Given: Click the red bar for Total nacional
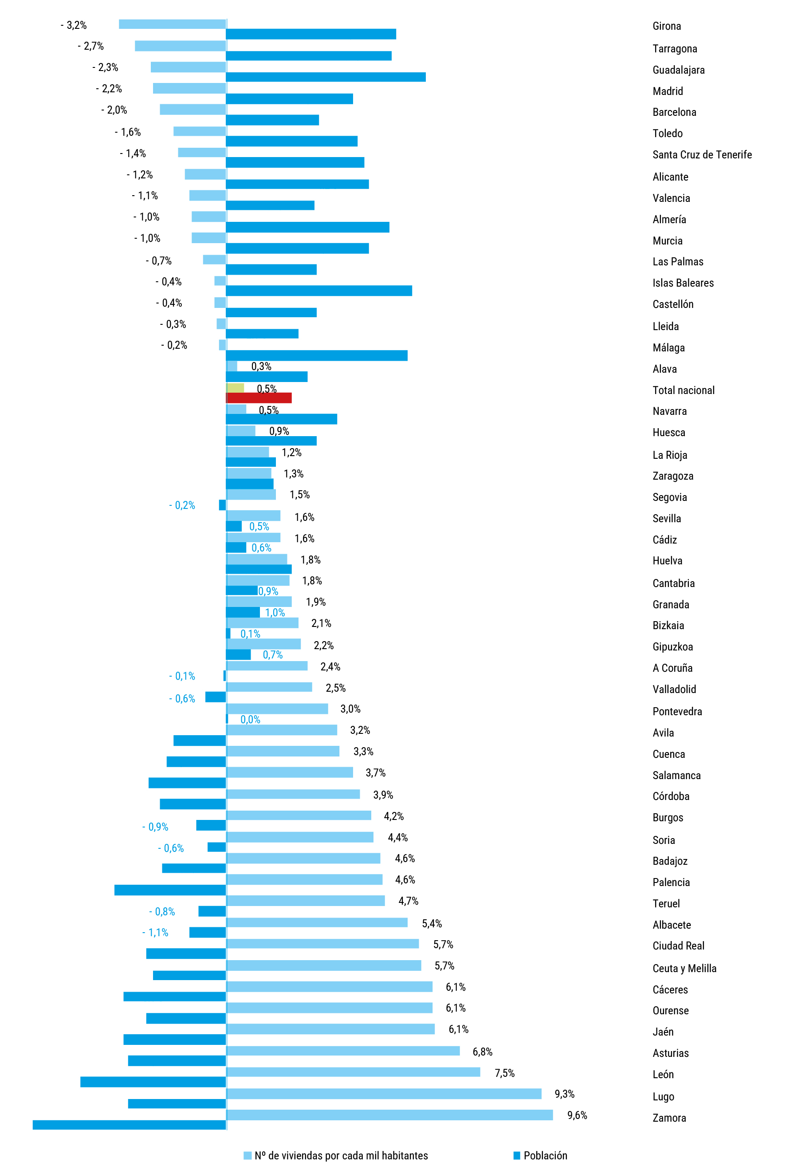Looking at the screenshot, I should (x=259, y=398).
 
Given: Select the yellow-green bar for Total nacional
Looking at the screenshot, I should (x=235, y=387).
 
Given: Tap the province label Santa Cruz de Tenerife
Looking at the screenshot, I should (x=702, y=155).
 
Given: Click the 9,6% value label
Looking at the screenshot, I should (x=577, y=1115).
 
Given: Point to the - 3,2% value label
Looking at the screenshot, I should (x=74, y=25).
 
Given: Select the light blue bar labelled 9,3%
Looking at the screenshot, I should (x=384, y=1094).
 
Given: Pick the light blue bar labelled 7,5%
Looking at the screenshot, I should (x=353, y=1072).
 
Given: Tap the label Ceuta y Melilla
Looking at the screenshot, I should (x=684, y=969).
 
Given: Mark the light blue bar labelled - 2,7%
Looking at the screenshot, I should (x=180, y=46).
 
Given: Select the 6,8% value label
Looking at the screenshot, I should (x=482, y=1052).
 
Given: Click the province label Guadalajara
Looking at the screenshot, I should (x=678, y=70).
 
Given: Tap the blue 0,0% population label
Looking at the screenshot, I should (x=250, y=719).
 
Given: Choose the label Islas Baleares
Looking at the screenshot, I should (x=683, y=283).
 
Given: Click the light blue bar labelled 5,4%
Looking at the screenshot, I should (x=317, y=922).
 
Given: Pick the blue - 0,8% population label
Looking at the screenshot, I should (x=162, y=911).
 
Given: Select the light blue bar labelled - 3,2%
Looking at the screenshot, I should (x=172, y=24).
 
